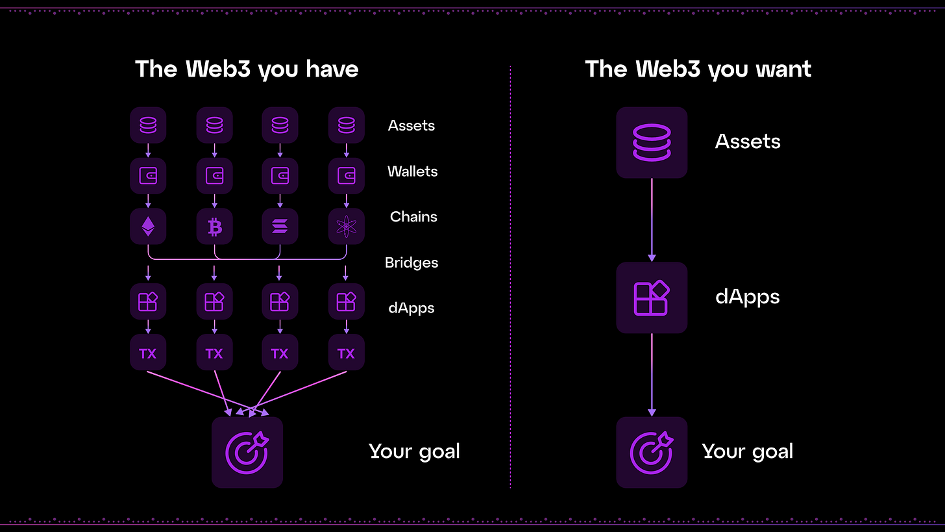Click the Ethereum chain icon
click(148, 227)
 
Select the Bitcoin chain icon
click(214, 227)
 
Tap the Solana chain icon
click(280, 227)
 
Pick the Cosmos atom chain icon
click(346, 227)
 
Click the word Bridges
click(411, 262)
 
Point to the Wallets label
click(412, 171)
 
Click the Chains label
click(413, 217)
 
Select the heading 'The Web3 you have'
click(247, 69)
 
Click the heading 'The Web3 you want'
click(698, 69)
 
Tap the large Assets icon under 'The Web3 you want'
click(652, 143)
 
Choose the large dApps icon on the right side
click(652, 298)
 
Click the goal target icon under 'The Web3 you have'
click(247, 452)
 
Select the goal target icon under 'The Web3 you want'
click(652, 452)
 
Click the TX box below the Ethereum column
click(148, 353)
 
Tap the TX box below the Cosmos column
click(346, 353)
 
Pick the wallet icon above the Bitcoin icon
click(214, 175)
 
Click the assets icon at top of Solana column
click(280, 125)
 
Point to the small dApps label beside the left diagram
click(411, 308)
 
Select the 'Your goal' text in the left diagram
click(414, 451)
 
